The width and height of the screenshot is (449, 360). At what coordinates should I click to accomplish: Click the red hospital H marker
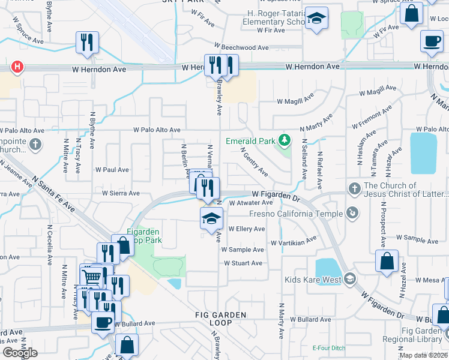[x=17, y=67]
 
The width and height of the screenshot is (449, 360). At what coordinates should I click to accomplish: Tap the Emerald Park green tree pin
[x=285, y=142]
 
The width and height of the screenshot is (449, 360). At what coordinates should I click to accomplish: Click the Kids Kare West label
[x=313, y=280]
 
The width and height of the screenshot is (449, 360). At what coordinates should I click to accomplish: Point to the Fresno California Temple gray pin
[x=354, y=212]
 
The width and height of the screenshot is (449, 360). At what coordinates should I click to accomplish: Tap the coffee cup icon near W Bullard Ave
[x=103, y=322]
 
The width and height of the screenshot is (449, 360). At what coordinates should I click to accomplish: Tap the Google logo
[x=20, y=353]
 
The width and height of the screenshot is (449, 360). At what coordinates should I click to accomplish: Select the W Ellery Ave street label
[x=246, y=229]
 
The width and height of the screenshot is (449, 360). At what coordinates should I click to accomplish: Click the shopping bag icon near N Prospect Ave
[x=387, y=261]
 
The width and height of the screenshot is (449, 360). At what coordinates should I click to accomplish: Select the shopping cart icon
[x=91, y=275]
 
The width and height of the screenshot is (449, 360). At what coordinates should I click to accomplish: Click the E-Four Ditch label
[x=327, y=348]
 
